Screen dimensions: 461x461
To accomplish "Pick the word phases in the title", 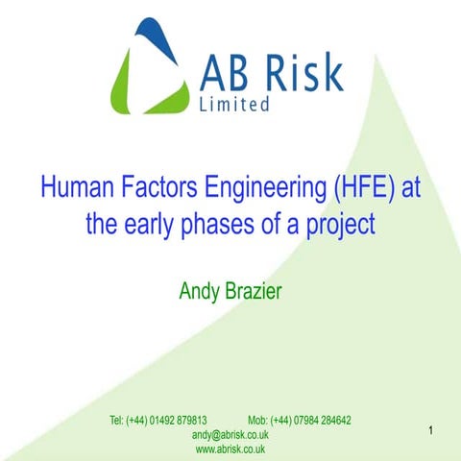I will [222, 228].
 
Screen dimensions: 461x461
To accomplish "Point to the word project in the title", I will [337, 228].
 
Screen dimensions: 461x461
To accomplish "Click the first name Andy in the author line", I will [199, 291].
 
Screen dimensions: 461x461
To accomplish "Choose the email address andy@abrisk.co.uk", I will [230, 435].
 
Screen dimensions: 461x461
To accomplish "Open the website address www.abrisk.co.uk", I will [230, 449].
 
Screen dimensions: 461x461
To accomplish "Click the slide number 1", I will [432, 430].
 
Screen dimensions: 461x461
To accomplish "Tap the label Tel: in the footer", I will [117, 422].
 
